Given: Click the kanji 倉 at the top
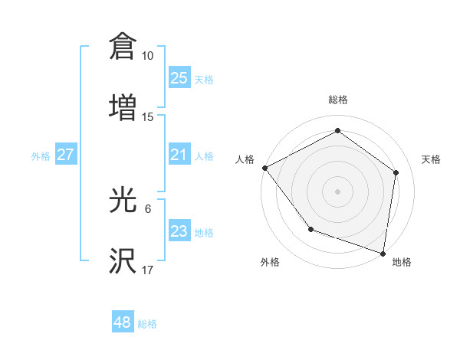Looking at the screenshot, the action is pyautogui.click(x=123, y=46).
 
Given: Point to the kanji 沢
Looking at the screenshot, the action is pyautogui.click(x=123, y=261).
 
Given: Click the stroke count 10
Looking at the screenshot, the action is pyautogui.click(x=147, y=56).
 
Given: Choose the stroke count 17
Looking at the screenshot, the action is pyautogui.click(x=147, y=271).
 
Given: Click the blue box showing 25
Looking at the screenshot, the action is pyautogui.click(x=179, y=77).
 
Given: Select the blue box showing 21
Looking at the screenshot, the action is pyautogui.click(x=179, y=155).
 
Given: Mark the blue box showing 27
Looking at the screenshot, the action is pyautogui.click(x=65, y=155).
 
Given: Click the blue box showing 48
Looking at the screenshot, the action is pyautogui.click(x=123, y=322).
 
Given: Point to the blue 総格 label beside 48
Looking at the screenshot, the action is pyautogui.click(x=147, y=324).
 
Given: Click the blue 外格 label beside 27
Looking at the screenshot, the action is pyautogui.click(x=41, y=156).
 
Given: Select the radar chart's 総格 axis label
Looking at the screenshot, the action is pyautogui.click(x=338, y=100).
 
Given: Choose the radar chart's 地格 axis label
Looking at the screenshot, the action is pyautogui.click(x=402, y=262).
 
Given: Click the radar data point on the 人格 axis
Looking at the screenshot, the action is pyautogui.click(x=264, y=167).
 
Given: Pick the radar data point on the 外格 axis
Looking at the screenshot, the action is pyautogui.click(x=310, y=229).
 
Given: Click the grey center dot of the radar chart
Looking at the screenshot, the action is pyautogui.click(x=338, y=191).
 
